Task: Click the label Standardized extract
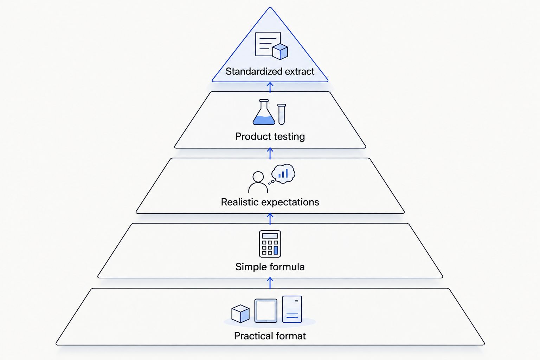coord(270,71)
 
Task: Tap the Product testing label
coord(270,136)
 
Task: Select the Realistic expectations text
coord(270,202)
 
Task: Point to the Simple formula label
coord(270,267)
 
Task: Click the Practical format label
coord(270,336)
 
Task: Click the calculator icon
coord(270,244)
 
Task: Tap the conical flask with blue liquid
coord(264,112)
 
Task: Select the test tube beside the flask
coord(282,114)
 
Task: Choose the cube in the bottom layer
coord(240,314)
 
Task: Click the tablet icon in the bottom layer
coord(266,311)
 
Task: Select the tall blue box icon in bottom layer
coord(292,309)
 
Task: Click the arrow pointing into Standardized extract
coord(270,87)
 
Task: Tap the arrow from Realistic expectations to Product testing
coord(270,153)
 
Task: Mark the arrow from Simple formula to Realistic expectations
coord(270,219)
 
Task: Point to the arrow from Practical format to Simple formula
coord(270,283)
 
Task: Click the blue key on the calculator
coord(276,250)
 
